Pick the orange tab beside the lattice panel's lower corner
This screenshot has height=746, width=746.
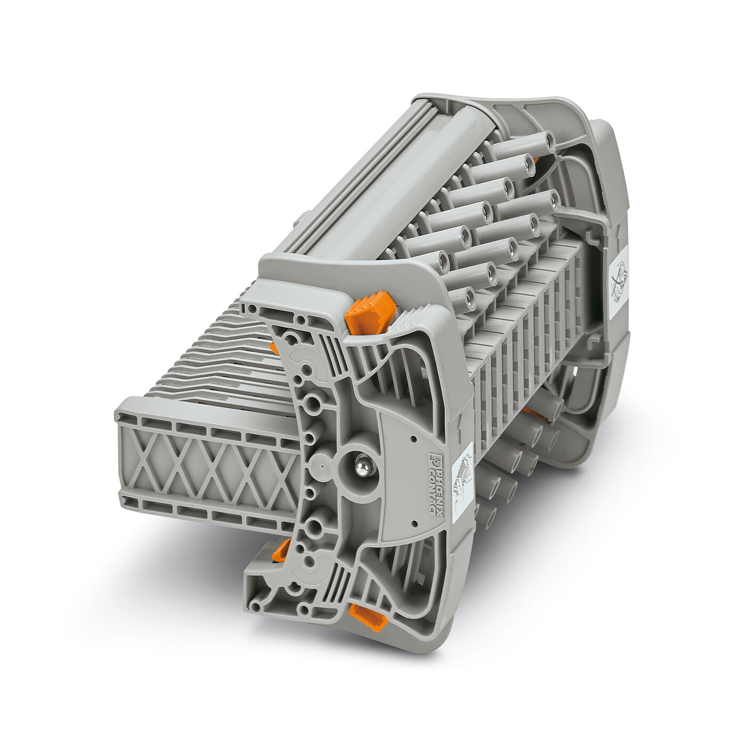(281, 550)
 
